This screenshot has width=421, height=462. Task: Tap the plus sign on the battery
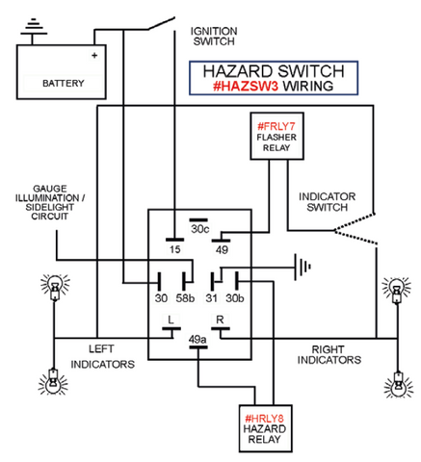(94, 56)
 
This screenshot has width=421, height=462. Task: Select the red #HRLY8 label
(263, 418)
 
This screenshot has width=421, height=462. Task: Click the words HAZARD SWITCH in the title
(273, 71)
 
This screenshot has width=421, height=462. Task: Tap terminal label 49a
(198, 338)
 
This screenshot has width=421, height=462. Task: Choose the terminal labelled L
(170, 319)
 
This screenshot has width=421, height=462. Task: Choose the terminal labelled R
(221, 319)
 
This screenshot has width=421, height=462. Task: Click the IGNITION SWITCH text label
(213, 37)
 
